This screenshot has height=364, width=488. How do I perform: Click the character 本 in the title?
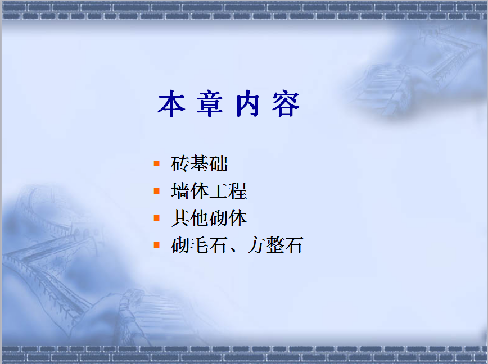171,103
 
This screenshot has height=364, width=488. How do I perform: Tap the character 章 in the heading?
210,103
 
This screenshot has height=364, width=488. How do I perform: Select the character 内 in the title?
248,103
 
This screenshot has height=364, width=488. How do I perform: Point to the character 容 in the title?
286,103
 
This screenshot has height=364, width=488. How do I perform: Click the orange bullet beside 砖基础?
156,163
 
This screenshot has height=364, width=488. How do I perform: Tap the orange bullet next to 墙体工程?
156,191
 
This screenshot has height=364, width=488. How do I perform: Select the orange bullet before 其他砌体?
156,218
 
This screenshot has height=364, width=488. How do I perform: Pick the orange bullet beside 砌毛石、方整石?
156,245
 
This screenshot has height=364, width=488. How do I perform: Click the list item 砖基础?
200,163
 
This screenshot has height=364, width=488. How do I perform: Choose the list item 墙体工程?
209,191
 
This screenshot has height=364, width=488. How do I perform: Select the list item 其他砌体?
209,218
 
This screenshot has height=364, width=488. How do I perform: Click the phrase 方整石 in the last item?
275,245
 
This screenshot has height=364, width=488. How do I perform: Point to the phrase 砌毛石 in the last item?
199,245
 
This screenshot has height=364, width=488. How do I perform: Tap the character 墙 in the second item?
180,191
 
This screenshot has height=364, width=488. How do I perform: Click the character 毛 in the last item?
199,245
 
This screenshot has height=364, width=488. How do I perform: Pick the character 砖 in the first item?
180,163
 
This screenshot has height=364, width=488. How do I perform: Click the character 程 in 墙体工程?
237,191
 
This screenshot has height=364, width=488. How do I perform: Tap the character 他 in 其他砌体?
200,218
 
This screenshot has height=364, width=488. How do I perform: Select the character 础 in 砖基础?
219,163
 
